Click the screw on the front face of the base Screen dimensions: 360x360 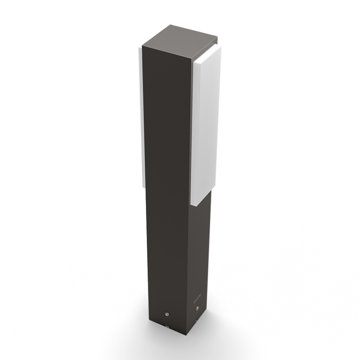pyautogui.click(x=168, y=314)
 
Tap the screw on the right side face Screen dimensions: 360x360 pyautogui.click(x=197, y=308)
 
